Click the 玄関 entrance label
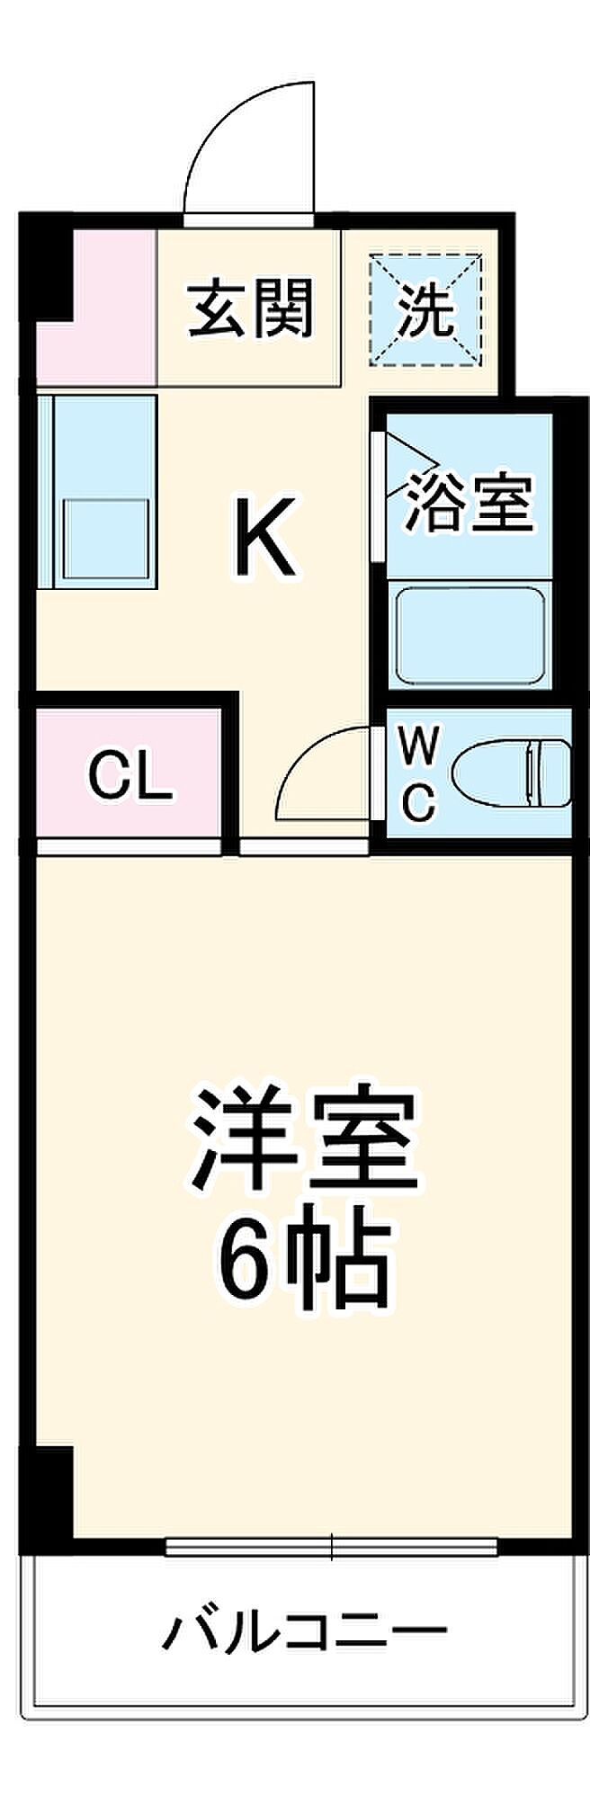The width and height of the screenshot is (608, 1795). [250, 308]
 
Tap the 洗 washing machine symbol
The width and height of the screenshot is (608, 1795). [426, 310]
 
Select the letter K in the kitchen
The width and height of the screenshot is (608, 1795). [265, 538]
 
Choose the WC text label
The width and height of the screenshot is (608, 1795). [418, 772]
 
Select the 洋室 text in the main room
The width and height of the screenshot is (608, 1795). [303, 1139]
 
